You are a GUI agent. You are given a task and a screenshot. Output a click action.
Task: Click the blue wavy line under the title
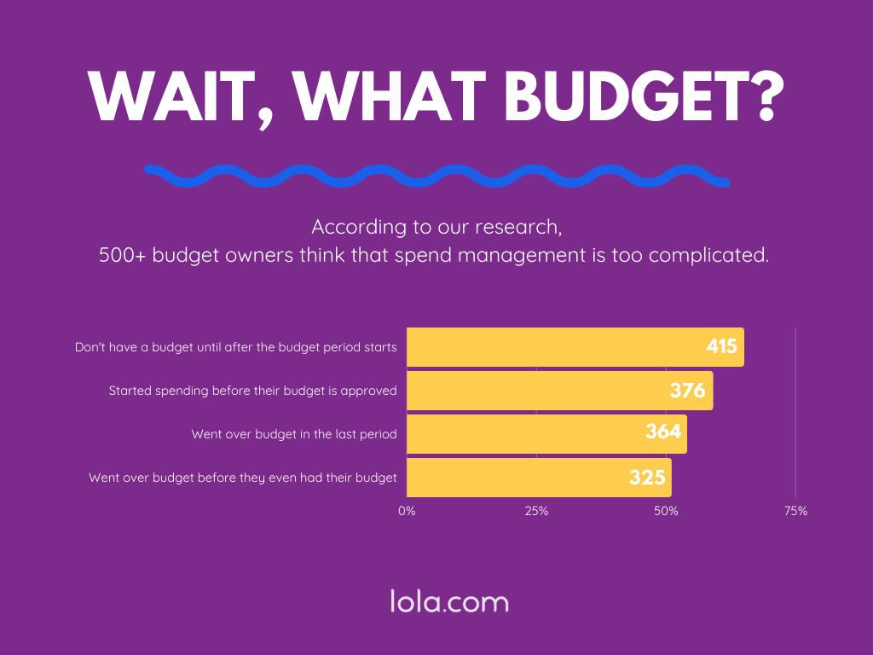click(436, 176)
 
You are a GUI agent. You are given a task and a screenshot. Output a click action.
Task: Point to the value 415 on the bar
click(721, 347)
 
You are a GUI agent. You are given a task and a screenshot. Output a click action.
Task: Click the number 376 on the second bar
click(687, 391)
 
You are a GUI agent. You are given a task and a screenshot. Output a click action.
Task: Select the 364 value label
click(663, 432)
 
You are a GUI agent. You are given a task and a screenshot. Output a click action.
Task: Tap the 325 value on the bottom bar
click(647, 478)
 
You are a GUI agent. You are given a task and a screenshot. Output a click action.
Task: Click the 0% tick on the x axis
click(407, 511)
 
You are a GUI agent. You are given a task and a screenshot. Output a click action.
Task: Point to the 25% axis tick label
click(536, 511)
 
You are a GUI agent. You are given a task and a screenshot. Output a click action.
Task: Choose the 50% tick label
click(666, 511)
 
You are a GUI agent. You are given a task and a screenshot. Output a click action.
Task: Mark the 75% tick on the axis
click(795, 511)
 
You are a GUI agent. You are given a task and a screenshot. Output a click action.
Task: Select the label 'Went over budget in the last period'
click(294, 434)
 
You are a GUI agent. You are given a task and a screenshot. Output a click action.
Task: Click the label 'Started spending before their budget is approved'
click(252, 391)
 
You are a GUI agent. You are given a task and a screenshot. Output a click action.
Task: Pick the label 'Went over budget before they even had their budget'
click(243, 478)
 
